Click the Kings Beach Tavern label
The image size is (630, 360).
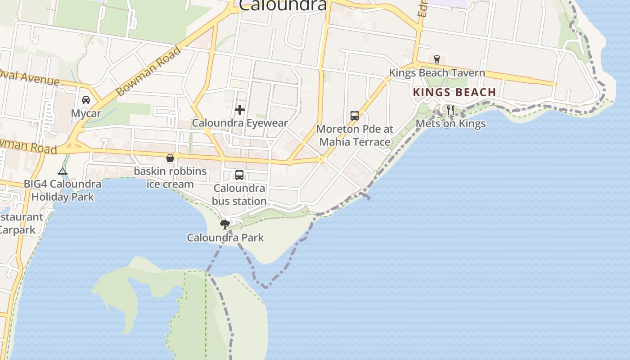(437, 72)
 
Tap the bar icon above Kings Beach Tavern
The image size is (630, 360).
(436, 59)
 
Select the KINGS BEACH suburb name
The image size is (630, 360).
(454, 92)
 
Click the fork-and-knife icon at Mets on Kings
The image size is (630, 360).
(450, 110)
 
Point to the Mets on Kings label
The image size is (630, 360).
(450, 123)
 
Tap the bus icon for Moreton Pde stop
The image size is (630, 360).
(355, 116)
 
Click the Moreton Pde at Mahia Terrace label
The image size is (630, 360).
(355, 135)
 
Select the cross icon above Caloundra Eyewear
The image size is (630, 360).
(240, 109)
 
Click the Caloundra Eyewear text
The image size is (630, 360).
(240, 123)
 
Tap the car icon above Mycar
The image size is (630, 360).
(86, 99)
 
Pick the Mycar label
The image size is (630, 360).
(86, 113)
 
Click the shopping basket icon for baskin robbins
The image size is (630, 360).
(170, 158)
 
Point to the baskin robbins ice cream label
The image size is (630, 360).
(170, 178)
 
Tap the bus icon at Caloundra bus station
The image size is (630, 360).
(239, 175)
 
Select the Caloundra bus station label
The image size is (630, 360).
(239, 194)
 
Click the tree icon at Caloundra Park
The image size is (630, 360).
(225, 224)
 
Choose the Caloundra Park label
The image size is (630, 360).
(225, 238)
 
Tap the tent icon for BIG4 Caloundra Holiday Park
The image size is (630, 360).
(63, 171)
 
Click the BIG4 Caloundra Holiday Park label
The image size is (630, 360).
(63, 190)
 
